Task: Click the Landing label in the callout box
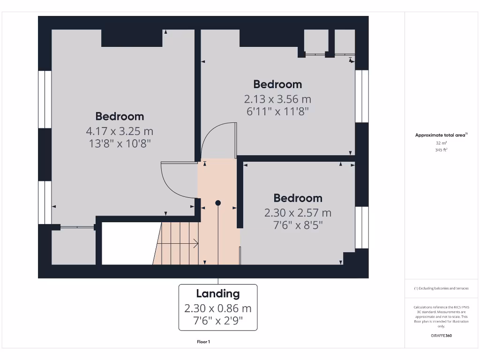(x=218, y=294)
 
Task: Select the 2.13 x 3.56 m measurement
(x=277, y=99)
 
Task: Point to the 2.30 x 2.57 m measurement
(x=298, y=213)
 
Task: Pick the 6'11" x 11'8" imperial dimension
(x=277, y=112)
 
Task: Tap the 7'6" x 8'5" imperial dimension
(x=298, y=225)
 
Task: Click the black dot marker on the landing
(x=218, y=203)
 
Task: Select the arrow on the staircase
(x=194, y=243)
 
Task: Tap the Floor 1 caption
(x=203, y=342)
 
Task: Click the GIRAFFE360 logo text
(x=441, y=336)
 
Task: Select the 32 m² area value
(x=441, y=143)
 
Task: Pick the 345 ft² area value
(x=441, y=150)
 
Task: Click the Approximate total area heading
(x=441, y=135)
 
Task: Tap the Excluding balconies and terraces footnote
(x=441, y=288)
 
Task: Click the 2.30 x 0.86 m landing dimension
(x=218, y=308)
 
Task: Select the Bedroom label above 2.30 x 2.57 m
(x=298, y=198)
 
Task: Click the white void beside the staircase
(x=128, y=243)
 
